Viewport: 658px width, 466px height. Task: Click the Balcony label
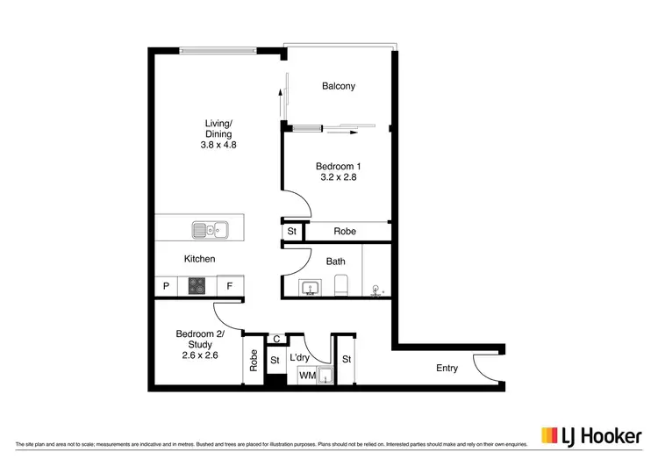(338, 86)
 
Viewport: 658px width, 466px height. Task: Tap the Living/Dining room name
(218, 128)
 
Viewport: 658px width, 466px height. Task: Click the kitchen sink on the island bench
(210, 231)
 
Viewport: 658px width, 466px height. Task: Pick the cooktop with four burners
(197, 286)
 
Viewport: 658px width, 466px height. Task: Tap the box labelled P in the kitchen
(165, 286)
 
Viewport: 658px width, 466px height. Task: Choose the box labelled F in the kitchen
(230, 286)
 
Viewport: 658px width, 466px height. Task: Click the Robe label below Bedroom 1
(345, 232)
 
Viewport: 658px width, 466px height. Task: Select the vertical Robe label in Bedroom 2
(254, 361)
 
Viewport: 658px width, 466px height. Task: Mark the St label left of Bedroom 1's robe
(291, 232)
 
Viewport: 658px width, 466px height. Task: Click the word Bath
(335, 262)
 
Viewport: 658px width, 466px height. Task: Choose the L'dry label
(299, 359)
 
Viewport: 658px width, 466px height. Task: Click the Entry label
(447, 369)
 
